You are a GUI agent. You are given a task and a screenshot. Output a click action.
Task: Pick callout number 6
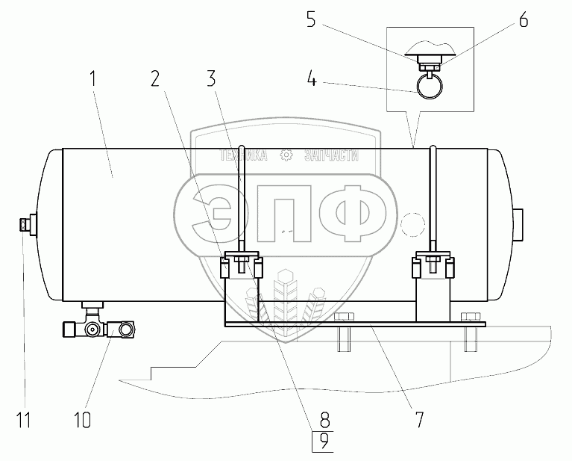[x=523, y=21]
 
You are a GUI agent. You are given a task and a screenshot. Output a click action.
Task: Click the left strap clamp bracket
[x=242, y=266]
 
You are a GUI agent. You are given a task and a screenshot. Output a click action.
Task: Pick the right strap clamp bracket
[x=433, y=266]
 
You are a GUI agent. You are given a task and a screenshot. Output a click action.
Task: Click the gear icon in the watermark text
[x=285, y=156]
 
